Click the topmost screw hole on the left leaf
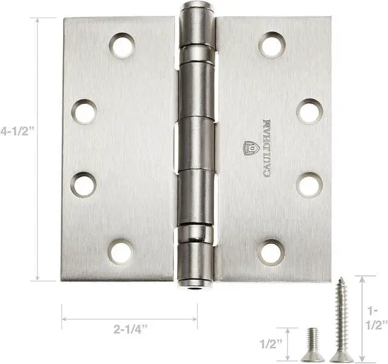(122, 45)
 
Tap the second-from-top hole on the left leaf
(84, 112)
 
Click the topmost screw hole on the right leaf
(272, 44)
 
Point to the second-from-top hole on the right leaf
(309, 111)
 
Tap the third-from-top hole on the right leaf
(309, 184)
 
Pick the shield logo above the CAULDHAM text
(249, 148)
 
